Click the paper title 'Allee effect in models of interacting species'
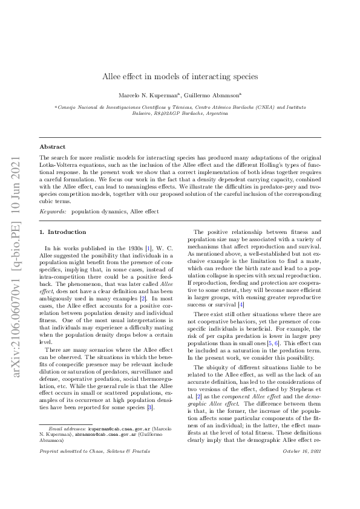180,77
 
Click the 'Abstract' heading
53,147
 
